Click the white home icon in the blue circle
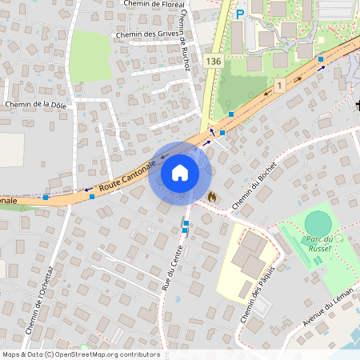coord(180,173)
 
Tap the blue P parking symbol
coord(239,13)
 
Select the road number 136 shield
coord(213,61)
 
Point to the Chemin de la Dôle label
coord(35,104)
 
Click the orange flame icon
coord(212,196)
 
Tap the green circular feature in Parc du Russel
coord(318,223)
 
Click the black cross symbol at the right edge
coord(357,105)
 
